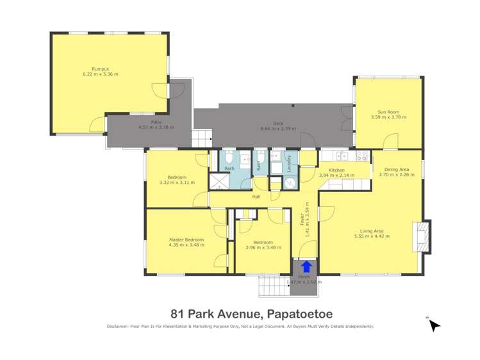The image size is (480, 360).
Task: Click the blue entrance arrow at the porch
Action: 306,266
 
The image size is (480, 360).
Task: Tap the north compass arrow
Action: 434,325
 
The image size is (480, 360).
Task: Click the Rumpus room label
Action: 100,69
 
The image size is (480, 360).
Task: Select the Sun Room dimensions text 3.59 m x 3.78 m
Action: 388,117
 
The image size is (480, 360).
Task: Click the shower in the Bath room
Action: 219,183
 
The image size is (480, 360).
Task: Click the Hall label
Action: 256,197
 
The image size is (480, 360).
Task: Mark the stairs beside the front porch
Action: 273,286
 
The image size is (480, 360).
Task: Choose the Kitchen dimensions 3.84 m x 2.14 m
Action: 337,175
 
